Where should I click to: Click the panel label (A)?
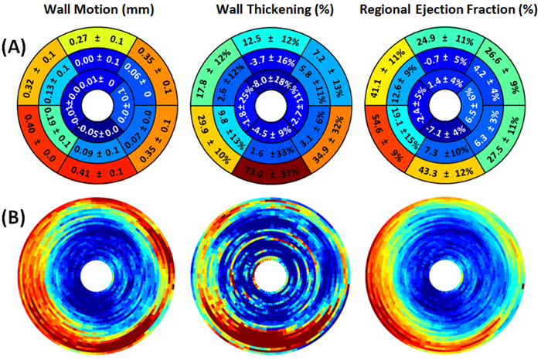click(18, 47)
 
